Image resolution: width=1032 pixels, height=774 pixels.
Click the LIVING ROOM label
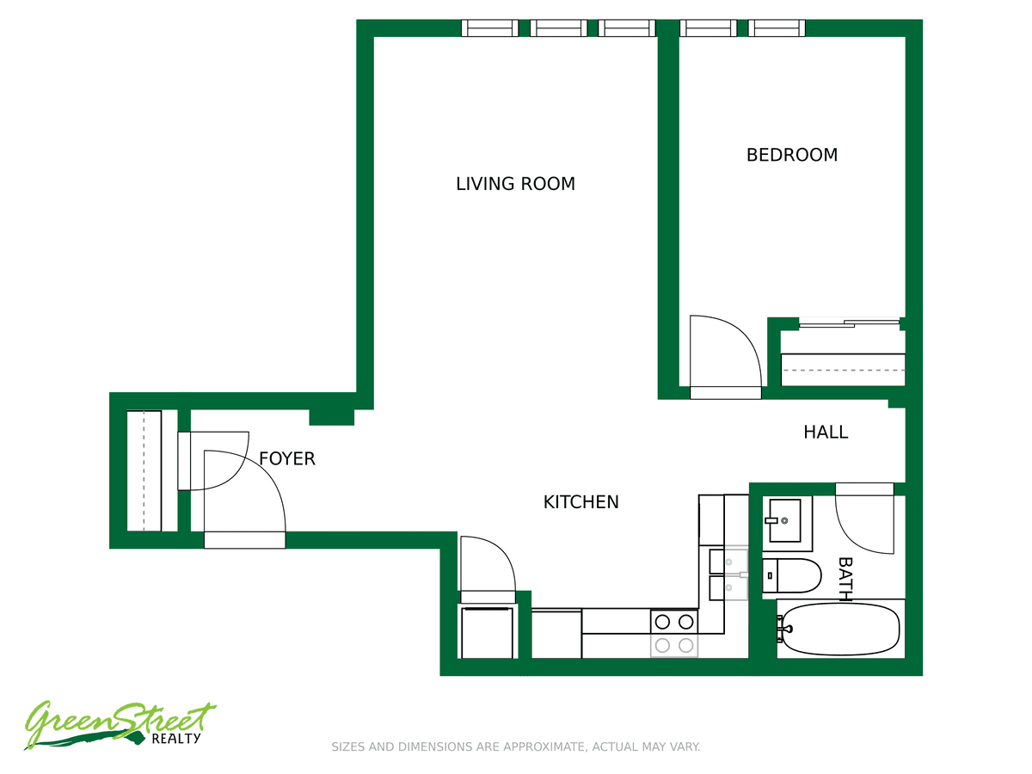tap(515, 184)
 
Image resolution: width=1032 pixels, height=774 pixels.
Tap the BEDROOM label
tap(792, 155)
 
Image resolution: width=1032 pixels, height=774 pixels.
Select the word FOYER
tap(286, 458)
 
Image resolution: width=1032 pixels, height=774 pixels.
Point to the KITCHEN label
tap(580, 502)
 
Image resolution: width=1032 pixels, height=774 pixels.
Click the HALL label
tap(826, 433)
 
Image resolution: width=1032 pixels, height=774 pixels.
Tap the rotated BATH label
tap(845, 579)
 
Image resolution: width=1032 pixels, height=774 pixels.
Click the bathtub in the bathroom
tap(840, 630)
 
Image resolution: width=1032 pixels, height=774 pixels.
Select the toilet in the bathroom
tap(791, 575)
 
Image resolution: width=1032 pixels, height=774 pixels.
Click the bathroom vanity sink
tap(784, 520)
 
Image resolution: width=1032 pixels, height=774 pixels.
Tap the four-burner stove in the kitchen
tap(674, 634)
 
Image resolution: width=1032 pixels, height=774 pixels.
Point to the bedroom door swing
tap(725, 357)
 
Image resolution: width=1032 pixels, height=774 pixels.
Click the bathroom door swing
tap(864, 519)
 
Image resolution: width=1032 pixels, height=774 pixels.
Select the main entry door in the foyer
tap(244, 499)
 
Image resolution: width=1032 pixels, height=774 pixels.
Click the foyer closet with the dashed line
tap(144, 471)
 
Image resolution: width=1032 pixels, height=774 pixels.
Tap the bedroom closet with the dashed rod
tap(843, 370)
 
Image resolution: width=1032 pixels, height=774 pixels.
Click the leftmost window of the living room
tap(489, 28)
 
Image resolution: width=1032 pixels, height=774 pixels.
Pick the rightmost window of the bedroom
tap(777, 28)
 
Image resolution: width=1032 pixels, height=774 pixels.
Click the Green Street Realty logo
tap(120, 725)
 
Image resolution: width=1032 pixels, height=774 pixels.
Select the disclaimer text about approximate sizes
tap(516, 746)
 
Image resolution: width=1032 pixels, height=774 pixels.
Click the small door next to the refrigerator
tap(488, 569)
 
